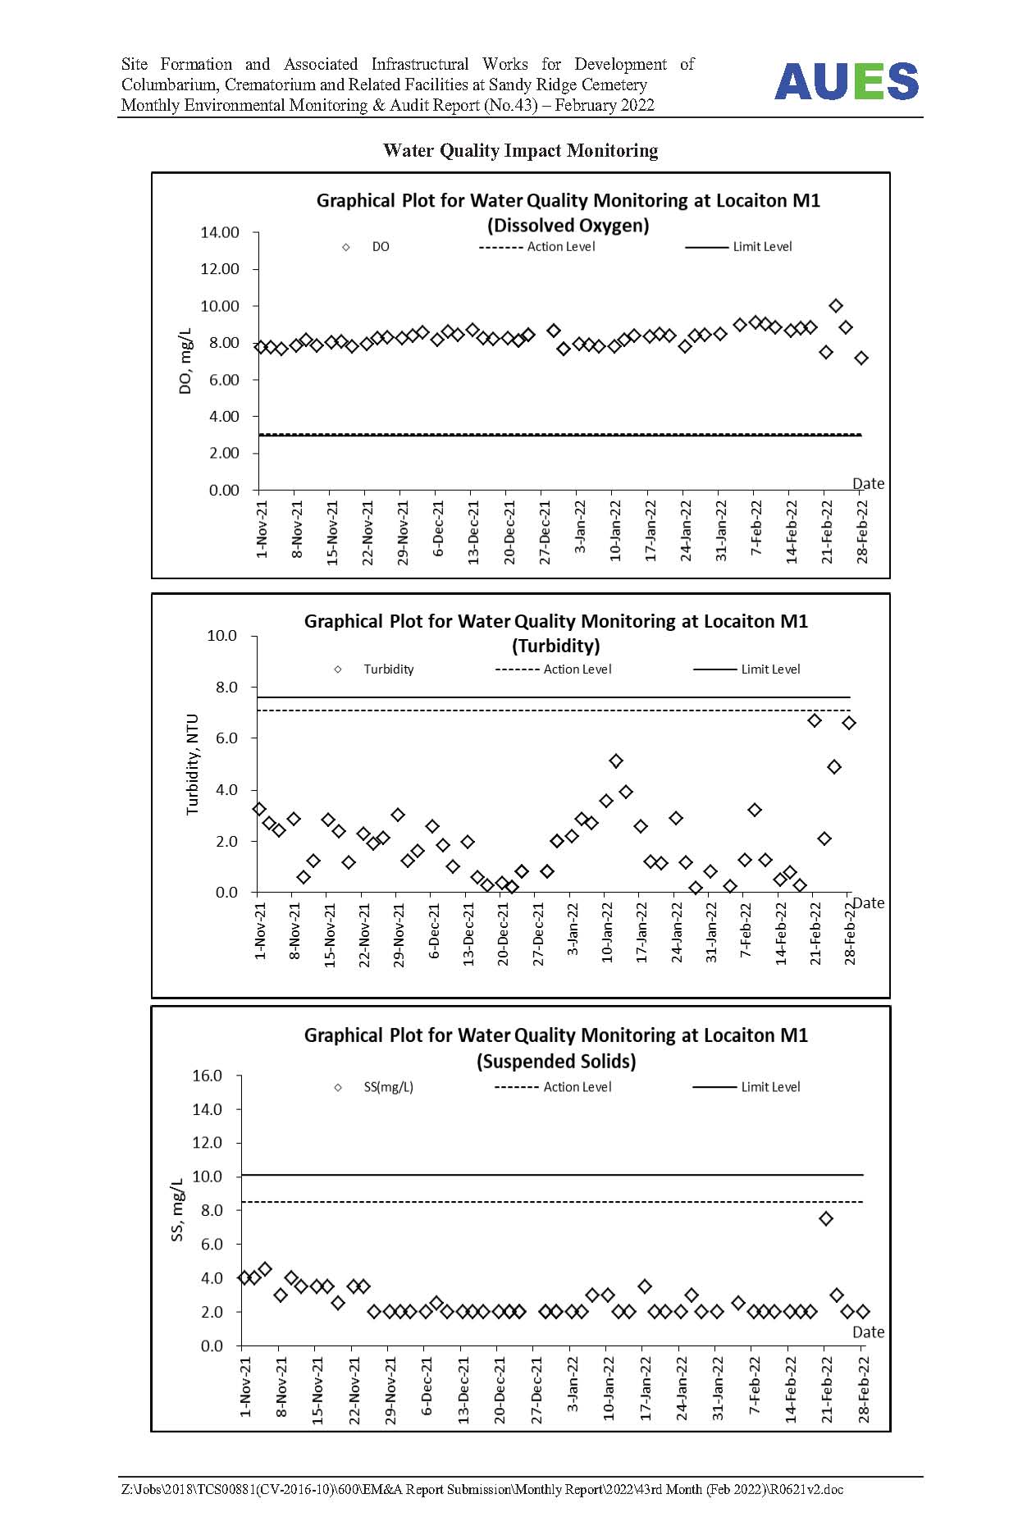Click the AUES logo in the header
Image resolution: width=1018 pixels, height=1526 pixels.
pos(847,81)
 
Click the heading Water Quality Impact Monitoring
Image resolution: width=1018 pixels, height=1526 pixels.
pos(520,150)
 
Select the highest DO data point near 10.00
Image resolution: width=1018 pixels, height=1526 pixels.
pos(836,306)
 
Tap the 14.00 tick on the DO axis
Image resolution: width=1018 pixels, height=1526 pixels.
pos(220,232)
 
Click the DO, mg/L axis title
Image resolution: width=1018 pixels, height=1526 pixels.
pos(185,362)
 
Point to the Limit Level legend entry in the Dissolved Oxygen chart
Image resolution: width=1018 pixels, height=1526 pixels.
pos(739,246)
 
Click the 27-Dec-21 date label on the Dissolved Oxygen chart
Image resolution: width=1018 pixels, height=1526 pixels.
pos(545,529)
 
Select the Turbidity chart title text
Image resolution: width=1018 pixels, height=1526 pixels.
pos(556,633)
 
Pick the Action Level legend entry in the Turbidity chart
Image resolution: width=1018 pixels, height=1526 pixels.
pos(554,669)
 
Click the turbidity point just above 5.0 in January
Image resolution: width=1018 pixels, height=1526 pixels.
pos(616,761)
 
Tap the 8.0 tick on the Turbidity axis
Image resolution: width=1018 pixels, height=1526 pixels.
pos(226,687)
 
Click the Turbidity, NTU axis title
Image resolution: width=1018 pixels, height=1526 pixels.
pos(193,764)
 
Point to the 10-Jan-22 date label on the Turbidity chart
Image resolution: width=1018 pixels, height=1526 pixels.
pos(607,932)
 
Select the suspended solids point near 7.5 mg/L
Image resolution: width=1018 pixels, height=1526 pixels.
pos(826,1218)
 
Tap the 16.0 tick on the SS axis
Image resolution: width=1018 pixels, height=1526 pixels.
pos(207,1076)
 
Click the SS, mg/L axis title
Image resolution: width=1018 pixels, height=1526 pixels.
pos(177,1210)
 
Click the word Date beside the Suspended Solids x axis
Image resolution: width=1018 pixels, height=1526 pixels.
pos(869,1332)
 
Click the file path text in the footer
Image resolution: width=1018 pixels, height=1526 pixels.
pos(482,1489)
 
